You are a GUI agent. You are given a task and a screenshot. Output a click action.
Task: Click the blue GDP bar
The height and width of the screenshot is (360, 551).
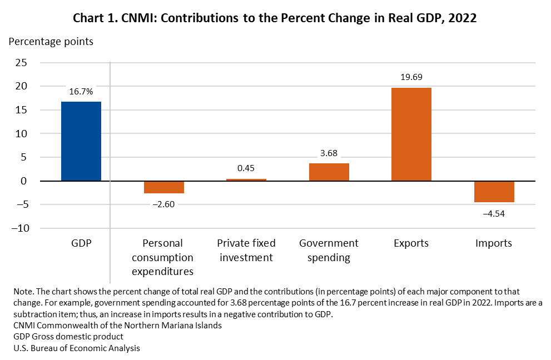pos(81,141)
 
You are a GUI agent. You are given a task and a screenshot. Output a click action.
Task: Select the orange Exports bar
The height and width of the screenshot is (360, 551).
pos(411,134)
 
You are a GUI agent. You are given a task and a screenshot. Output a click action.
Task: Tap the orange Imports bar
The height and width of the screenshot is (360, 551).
pos(494,192)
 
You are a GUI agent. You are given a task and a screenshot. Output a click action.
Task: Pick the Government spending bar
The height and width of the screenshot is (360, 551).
pos(329,172)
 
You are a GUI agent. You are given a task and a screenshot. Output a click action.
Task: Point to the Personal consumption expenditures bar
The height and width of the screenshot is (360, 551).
pos(163,187)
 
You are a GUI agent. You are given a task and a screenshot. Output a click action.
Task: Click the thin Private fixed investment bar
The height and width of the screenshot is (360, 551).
pos(246,180)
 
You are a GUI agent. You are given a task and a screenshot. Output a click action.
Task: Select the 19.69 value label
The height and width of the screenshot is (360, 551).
pos(411,77)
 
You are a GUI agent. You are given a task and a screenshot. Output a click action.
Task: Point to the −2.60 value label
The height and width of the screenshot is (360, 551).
pos(163,204)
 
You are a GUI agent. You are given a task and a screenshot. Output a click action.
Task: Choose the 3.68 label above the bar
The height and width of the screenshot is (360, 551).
pos(329,153)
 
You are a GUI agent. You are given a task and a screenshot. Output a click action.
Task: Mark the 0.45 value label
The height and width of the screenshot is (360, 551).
pos(246,168)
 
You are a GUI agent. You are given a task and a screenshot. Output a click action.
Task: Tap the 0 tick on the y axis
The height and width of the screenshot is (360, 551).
pos(23,181)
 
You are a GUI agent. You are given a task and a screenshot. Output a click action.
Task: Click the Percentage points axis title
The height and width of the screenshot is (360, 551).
pos(51,41)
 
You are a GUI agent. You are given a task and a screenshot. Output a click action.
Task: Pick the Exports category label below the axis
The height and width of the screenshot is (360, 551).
pos(411,243)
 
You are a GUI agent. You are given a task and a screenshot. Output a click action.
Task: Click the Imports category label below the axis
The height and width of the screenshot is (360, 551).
pos(494,243)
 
